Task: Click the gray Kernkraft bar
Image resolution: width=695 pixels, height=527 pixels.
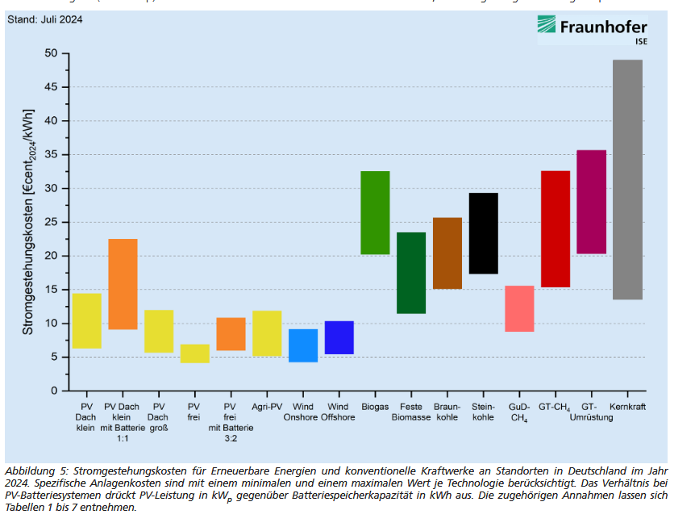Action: pos(627,179)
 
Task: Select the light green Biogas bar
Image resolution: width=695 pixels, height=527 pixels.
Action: pos(375,212)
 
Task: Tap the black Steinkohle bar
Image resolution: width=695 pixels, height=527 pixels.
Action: pos(483,233)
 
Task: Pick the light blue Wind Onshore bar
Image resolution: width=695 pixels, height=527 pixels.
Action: pos(303,345)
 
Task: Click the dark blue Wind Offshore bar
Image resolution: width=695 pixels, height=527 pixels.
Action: pos(339,337)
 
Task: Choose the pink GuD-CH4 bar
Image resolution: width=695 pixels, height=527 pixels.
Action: pos(519,308)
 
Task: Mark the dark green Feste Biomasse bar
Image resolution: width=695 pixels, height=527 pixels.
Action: pos(411,273)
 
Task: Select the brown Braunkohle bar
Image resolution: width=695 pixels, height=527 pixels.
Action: pos(447,253)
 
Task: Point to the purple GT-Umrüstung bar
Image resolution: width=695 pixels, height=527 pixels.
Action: pos(591,202)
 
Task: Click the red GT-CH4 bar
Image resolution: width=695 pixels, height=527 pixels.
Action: pos(556,228)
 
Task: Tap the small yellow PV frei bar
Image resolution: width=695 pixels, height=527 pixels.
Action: pos(194,353)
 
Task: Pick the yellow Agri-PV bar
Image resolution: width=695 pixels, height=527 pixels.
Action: pos(267,333)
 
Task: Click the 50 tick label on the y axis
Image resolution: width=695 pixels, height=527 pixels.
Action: pos(52,53)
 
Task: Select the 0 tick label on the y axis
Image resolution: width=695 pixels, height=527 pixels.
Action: pos(55,391)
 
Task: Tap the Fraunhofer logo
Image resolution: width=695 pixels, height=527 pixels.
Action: pos(593,29)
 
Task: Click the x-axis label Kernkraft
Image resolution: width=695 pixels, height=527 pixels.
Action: pos(628,406)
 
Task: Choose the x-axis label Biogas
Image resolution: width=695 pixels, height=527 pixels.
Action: pos(375,406)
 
